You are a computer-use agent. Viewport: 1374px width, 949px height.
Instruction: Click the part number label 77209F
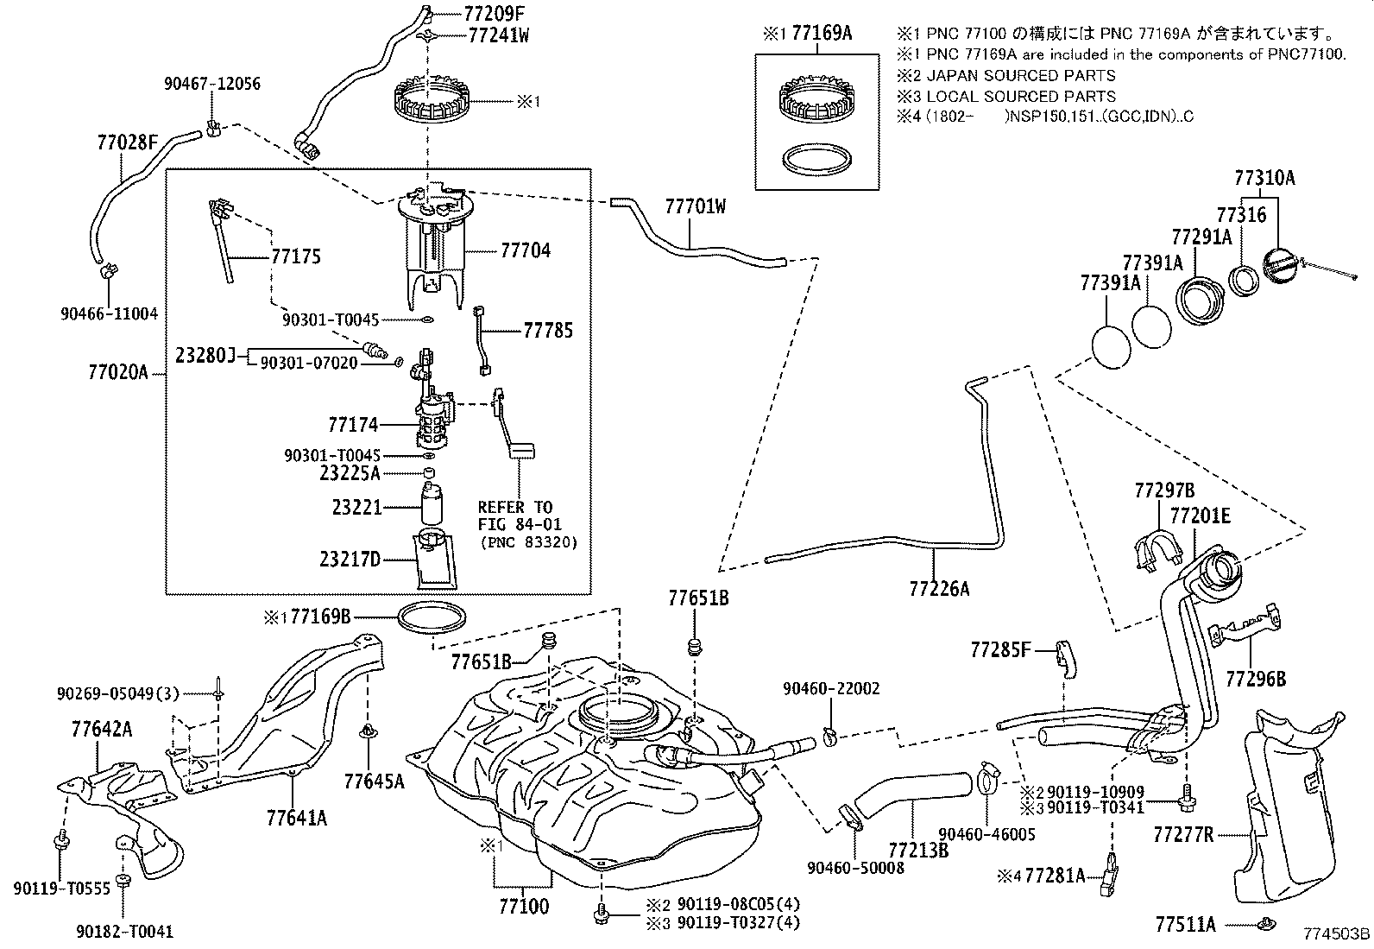pos(495,13)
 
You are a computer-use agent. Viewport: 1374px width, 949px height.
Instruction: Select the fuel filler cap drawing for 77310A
pos(1284,266)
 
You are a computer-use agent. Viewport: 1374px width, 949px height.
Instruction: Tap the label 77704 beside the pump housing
pos(526,250)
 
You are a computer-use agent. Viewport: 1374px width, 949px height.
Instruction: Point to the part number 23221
pos(357,507)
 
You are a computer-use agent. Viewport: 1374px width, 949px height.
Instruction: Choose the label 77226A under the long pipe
pos(939,589)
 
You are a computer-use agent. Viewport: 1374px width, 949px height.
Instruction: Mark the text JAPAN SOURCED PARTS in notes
pos(1021,75)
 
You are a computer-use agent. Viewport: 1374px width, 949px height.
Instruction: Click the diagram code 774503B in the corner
pos(1337,933)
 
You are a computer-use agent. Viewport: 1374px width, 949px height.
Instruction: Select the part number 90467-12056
pos(212,84)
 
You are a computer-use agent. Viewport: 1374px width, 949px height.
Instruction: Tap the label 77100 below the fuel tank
pos(524,906)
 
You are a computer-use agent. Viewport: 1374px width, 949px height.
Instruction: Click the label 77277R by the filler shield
pos(1183,835)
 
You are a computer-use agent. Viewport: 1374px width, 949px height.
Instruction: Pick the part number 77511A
pos(1185,925)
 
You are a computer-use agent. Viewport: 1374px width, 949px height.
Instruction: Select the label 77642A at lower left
pos(102,730)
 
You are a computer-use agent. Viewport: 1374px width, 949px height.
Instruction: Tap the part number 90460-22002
pos(831,689)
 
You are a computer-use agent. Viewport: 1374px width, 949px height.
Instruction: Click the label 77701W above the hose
pos(696,206)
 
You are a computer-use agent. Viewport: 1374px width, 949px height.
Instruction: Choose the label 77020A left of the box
pos(118,372)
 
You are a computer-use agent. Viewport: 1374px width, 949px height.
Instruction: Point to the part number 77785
pos(548,331)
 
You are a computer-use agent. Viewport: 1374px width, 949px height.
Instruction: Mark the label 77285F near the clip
pos(1000,649)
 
